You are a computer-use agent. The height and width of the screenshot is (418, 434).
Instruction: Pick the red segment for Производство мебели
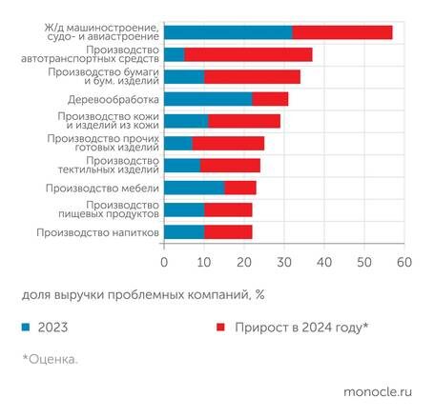240,188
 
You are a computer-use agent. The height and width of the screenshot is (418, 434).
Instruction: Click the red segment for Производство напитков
228,231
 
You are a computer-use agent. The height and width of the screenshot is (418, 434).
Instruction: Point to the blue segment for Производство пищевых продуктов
184,209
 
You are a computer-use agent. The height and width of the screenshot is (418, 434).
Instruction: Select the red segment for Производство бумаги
252,76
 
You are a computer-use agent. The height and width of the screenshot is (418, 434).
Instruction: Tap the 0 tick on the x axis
164,260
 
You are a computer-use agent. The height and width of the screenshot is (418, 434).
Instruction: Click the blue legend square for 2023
25,327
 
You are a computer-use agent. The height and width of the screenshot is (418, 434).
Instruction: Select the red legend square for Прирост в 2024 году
220,327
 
